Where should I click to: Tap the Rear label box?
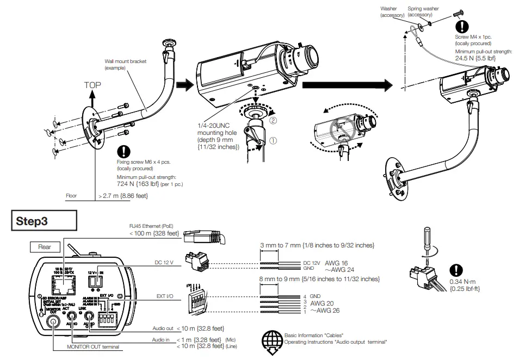click(x=45, y=247)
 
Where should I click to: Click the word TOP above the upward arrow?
click(x=92, y=85)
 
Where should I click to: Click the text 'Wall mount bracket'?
click(x=126, y=61)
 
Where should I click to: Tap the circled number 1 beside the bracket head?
click(x=274, y=140)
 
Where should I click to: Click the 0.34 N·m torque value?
click(x=464, y=282)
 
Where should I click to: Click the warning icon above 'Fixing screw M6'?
click(x=126, y=151)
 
